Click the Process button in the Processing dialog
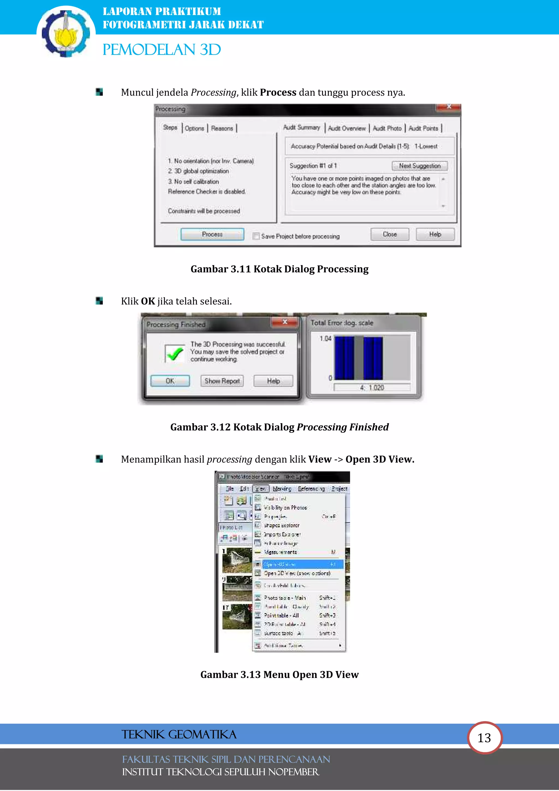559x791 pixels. point(212,234)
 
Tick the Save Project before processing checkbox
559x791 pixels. point(256,236)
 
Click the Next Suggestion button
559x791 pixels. point(420,166)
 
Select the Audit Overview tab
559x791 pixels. point(346,128)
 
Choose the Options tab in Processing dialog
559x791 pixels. point(195,128)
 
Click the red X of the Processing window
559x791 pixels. point(448,107)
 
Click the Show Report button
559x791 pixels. point(222,381)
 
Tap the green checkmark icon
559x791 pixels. point(175,353)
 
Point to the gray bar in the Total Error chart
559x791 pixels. point(359,358)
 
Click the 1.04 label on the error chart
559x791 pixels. point(325,338)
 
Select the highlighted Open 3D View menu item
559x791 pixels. point(298,564)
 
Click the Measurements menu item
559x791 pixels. point(280,552)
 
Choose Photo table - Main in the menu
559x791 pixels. point(285,598)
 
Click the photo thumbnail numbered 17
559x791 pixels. point(237,616)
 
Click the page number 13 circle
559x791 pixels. point(484,738)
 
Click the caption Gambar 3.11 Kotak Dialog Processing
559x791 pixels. point(279,269)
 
